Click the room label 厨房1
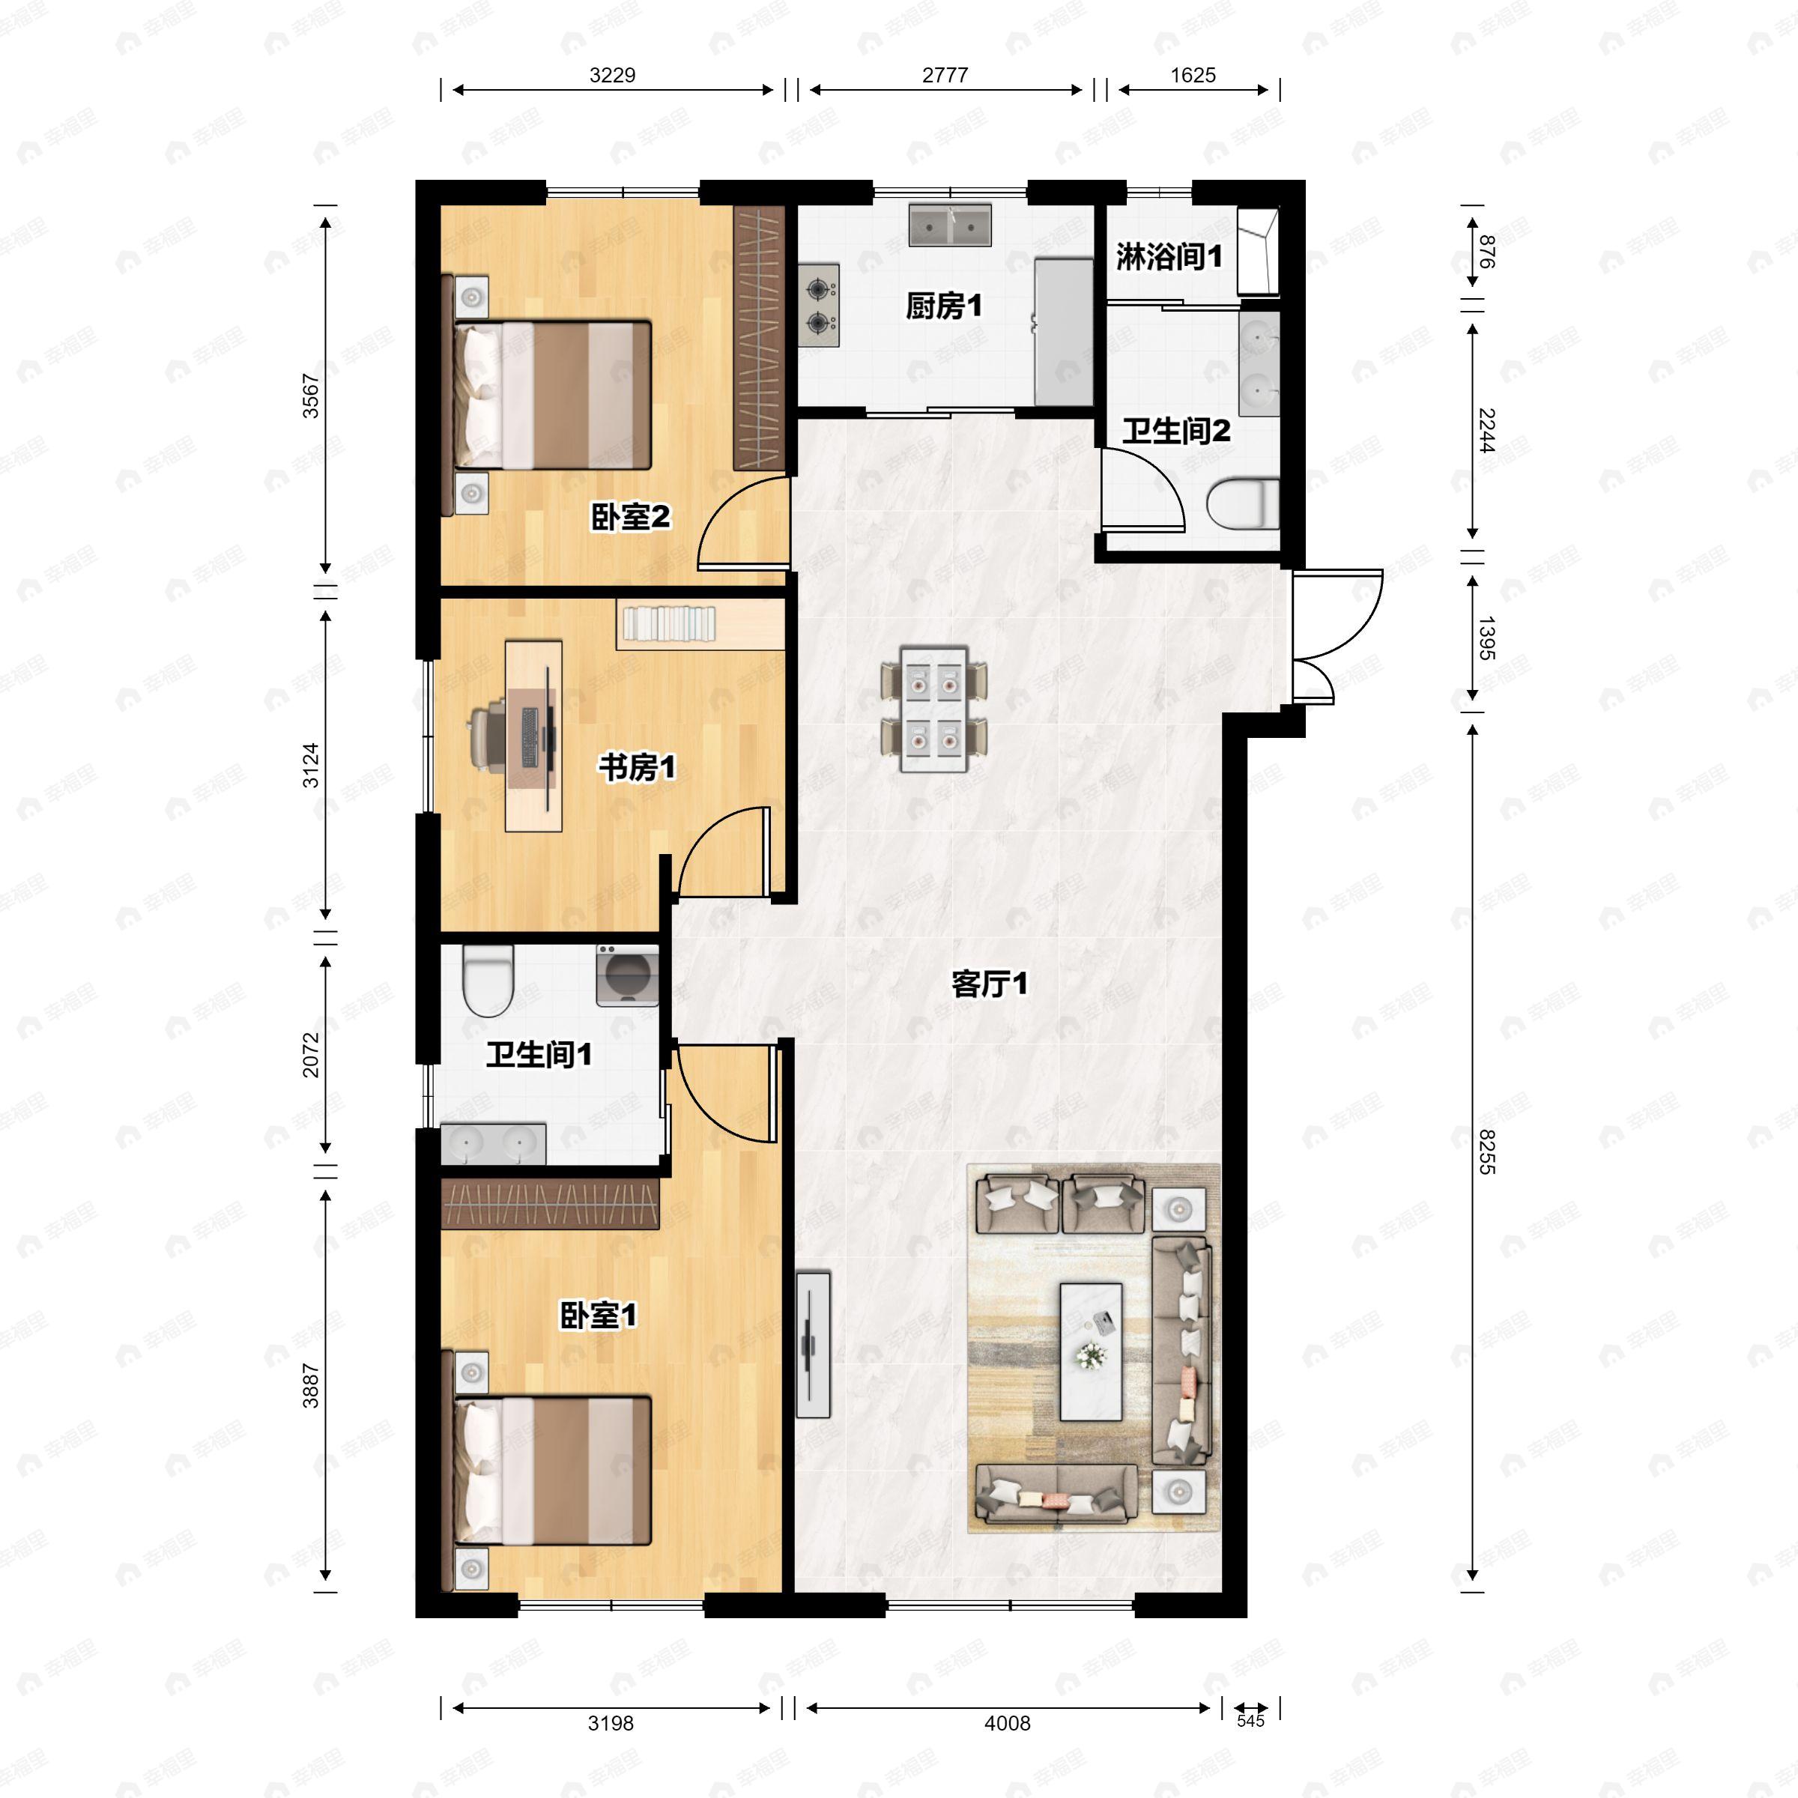(x=944, y=306)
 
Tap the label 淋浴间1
(x=1169, y=257)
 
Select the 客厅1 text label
(x=989, y=984)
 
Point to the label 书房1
(x=637, y=768)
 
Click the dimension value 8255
(x=1486, y=1151)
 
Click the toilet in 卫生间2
(x=1242, y=504)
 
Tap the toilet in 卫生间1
(x=488, y=981)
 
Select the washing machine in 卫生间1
(x=627, y=975)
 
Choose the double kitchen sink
(x=950, y=225)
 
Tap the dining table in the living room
(x=933, y=709)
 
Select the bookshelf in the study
(x=669, y=623)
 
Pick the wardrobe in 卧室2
(x=760, y=337)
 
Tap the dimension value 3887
(x=310, y=1386)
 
